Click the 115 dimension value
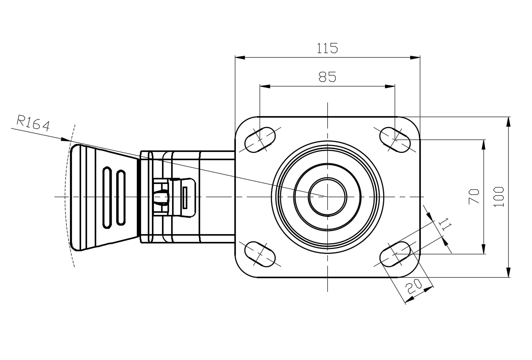[x=327, y=48]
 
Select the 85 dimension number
[x=327, y=77]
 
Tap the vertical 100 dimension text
[x=499, y=197]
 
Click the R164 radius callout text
[x=33, y=123]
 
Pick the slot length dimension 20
[x=414, y=287]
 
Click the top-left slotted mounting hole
[x=260, y=140]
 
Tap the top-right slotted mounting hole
[x=395, y=140]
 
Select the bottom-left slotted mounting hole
[x=260, y=254]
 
